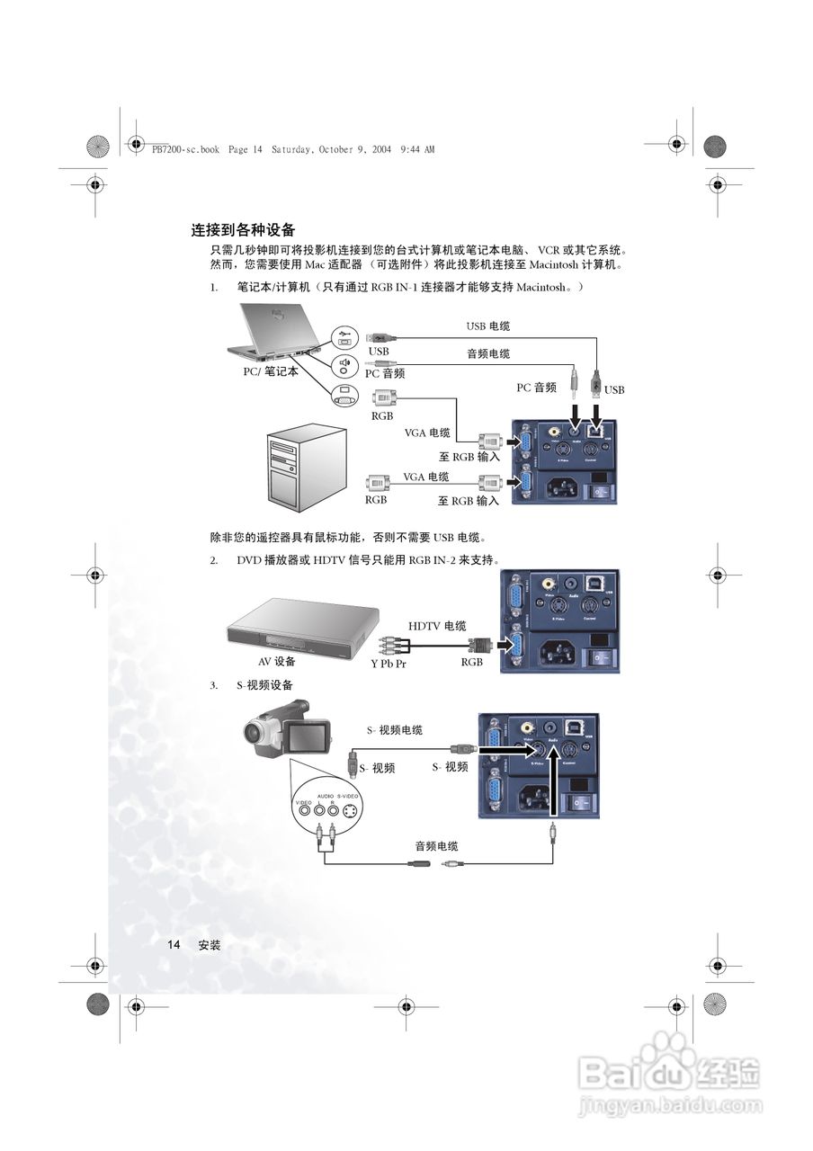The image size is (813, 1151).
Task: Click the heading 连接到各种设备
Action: pyautogui.click(x=243, y=230)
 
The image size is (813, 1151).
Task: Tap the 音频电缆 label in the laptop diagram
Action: pyautogui.click(x=487, y=353)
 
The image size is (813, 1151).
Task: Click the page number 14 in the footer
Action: pyautogui.click(x=174, y=945)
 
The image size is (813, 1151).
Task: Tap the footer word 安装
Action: pyautogui.click(x=209, y=945)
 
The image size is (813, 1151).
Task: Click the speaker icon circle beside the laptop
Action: pyautogui.click(x=344, y=364)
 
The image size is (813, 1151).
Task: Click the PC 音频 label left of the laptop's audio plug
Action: pyautogui.click(x=384, y=372)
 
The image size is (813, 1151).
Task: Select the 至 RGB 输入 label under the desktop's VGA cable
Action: pyautogui.click(x=469, y=501)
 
